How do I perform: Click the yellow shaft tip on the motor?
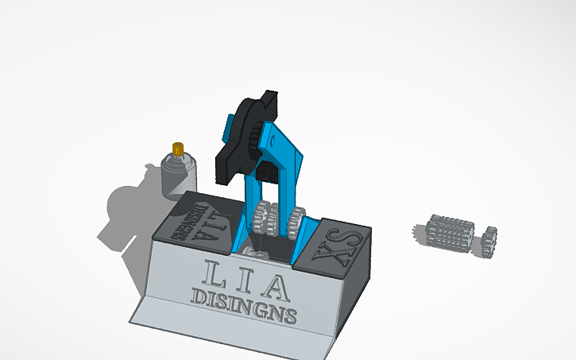[179, 148]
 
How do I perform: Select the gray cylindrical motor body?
[179, 177]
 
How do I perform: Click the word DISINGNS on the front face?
[245, 303]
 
